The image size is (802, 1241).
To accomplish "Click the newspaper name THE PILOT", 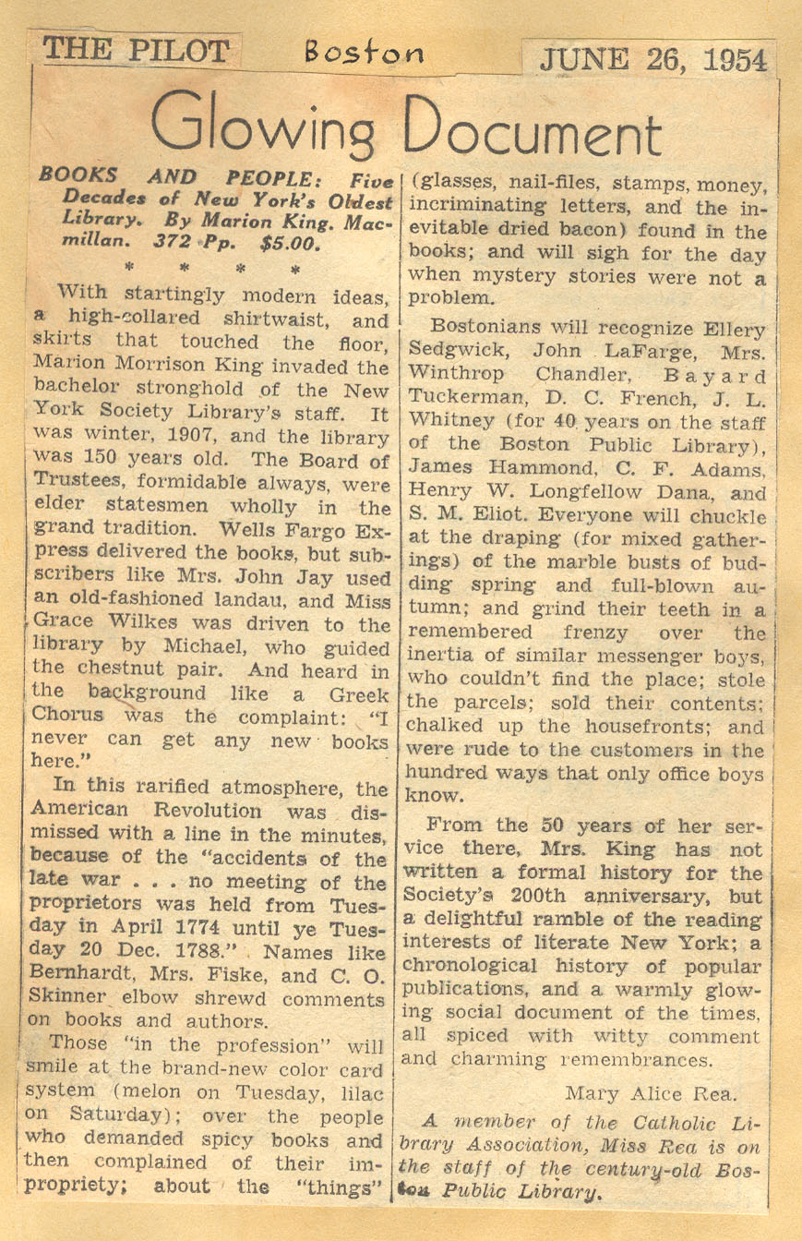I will coord(136,50).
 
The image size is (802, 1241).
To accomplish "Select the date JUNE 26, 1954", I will coord(652,60).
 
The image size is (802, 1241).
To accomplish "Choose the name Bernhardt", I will coord(79,977).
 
